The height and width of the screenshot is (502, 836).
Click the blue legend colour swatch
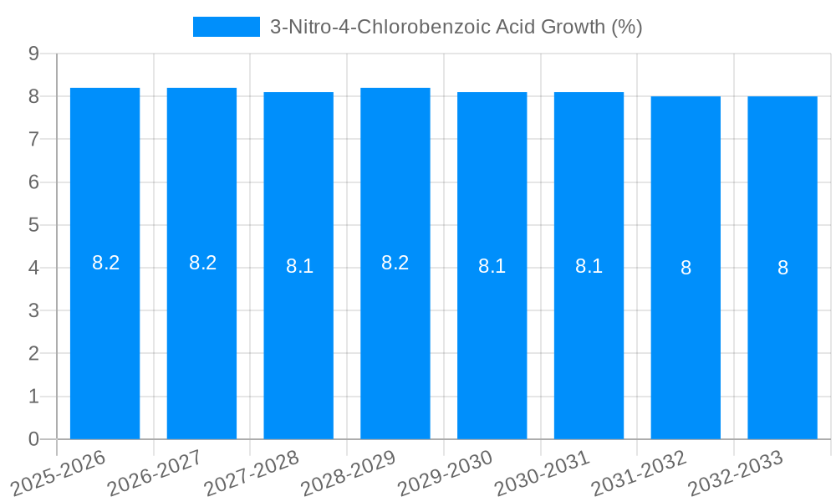click(227, 27)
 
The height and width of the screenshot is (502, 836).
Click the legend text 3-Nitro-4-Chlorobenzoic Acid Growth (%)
click(456, 27)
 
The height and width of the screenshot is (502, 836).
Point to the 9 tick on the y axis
click(33, 54)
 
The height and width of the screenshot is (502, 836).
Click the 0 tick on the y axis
click(33, 439)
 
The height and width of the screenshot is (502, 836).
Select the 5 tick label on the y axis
click(33, 225)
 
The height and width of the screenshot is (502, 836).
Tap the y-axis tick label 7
click(33, 139)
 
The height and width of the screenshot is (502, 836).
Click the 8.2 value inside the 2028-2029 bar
click(395, 263)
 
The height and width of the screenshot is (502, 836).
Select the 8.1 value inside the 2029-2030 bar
click(492, 266)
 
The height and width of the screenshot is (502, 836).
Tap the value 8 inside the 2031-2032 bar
click(686, 268)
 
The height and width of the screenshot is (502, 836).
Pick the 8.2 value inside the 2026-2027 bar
click(202, 263)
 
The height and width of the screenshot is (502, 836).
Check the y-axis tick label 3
click(33, 310)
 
